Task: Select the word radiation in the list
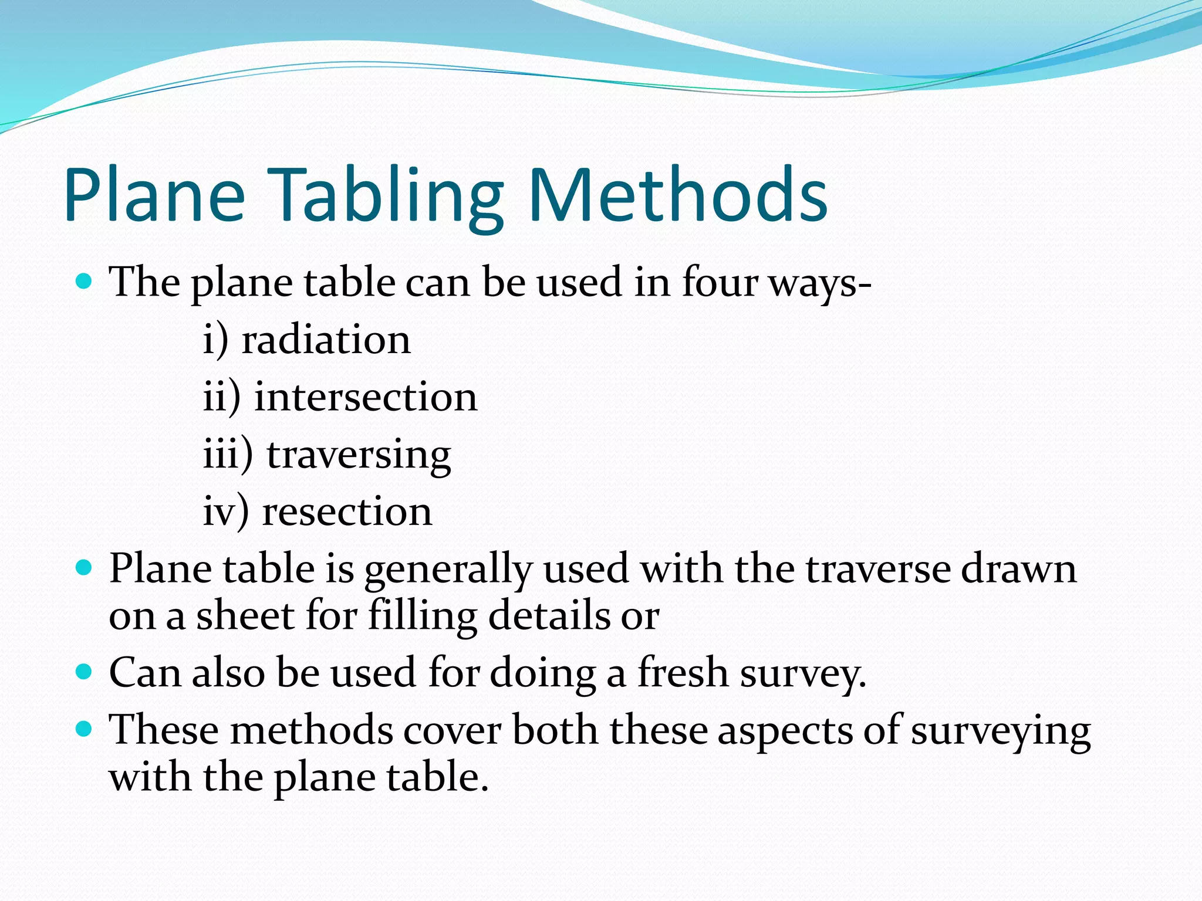pos(326,340)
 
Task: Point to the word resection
pos(347,512)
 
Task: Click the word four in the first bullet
pos(720,282)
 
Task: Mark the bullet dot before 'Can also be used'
pos(85,671)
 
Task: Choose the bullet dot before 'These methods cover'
pos(85,729)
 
